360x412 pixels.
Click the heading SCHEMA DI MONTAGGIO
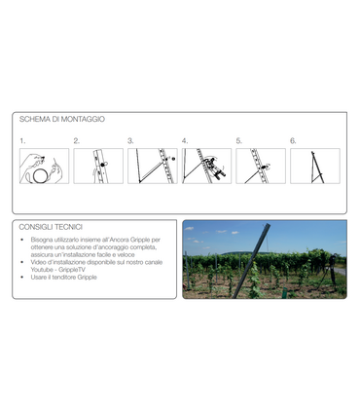[62, 119]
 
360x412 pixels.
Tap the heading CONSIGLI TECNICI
[51, 227]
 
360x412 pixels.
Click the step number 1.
[22, 141]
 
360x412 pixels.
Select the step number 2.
[77, 141]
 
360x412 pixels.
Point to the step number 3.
[130, 141]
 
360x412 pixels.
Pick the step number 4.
[185, 141]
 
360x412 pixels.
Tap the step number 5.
[239, 141]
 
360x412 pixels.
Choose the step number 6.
[293, 141]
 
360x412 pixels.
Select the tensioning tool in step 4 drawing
[214, 167]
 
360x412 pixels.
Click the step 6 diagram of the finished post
[315, 167]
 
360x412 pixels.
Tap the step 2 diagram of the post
[98, 167]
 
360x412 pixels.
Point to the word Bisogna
[42, 240]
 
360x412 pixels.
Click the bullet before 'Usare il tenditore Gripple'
[22, 278]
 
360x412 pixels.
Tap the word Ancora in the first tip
[120, 240]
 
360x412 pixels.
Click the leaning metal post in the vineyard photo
[251, 261]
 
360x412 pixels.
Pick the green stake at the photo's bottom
[285, 292]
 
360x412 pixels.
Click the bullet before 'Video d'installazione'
[22, 262]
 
